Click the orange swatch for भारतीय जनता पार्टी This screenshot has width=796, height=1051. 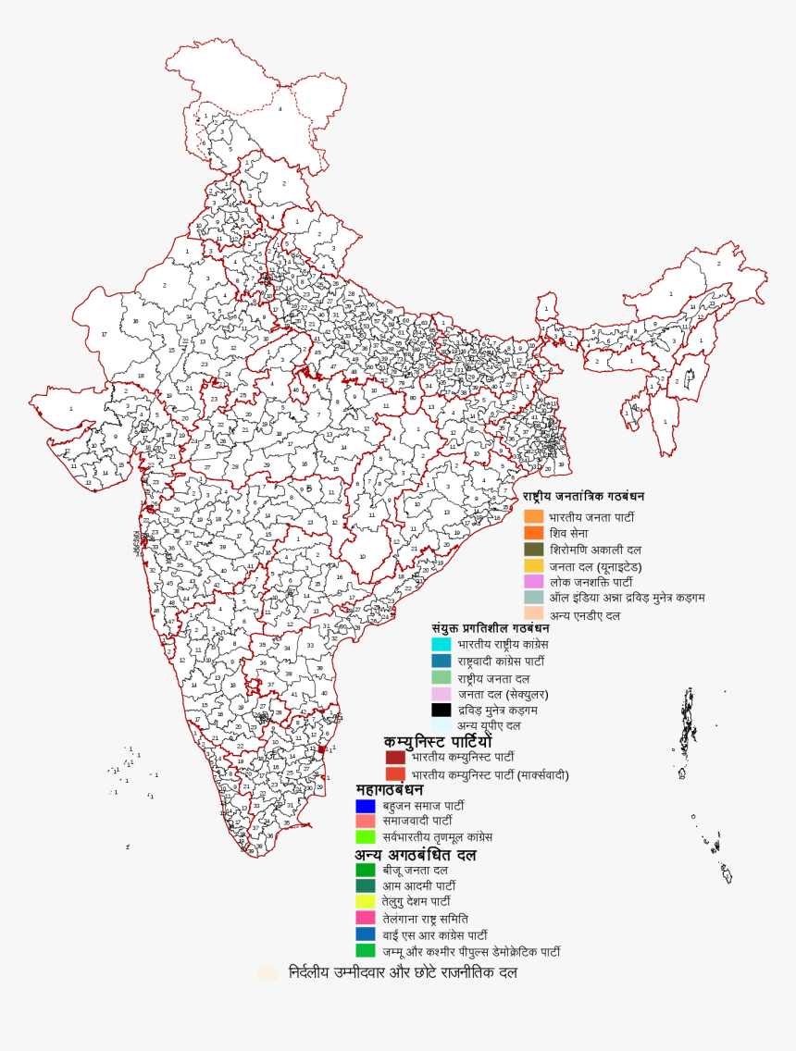[533, 516]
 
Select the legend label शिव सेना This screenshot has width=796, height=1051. [568, 533]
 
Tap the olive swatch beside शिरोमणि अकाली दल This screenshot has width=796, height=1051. [533, 550]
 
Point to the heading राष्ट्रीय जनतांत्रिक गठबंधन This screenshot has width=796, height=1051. [584, 497]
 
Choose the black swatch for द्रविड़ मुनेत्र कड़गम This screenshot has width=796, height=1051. [442, 710]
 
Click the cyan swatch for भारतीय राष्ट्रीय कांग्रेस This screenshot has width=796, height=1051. [442, 644]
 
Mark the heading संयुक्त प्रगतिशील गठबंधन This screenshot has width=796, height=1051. [491, 627]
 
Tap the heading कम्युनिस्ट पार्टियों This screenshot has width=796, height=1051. [439, 742]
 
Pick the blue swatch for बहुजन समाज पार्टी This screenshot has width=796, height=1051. [366, 806]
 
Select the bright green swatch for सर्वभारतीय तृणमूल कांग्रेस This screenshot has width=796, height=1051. [366, 836]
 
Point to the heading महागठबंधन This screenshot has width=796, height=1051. [390, 789]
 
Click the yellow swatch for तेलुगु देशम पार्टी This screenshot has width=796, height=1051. [366, 902]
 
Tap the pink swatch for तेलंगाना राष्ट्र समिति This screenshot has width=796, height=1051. [366, 919]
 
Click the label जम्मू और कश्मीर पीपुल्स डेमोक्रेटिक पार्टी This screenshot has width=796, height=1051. [471, 951]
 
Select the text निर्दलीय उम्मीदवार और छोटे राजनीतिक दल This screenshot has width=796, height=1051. [403, 973]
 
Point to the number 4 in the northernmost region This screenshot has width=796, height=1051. [280, 109]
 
